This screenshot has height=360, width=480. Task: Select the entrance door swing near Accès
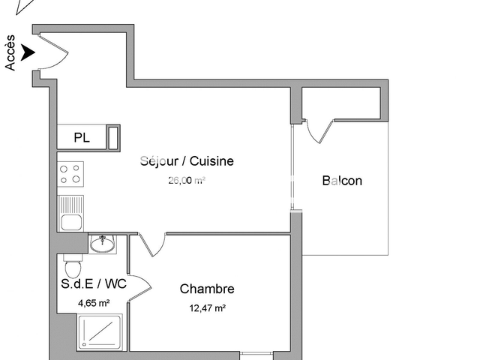pos(52,51)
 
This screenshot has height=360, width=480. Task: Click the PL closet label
pos(82,138)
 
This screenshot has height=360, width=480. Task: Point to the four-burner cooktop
pos(70,174)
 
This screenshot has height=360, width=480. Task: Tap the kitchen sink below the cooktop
pos(70,213)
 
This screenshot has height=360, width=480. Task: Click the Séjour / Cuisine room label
pos(187,160)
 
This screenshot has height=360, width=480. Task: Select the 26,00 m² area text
pos(187,180)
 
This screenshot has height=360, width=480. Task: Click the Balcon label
pos(342,181)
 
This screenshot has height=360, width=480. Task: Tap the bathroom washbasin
pos(101,244)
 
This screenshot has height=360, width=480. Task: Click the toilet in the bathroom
pos(73,266)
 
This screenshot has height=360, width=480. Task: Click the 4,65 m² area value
pos(94,304)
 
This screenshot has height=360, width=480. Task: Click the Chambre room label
pos(207,289)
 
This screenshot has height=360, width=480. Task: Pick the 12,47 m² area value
pos(207,307)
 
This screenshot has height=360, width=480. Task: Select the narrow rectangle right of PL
pos(114,138)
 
